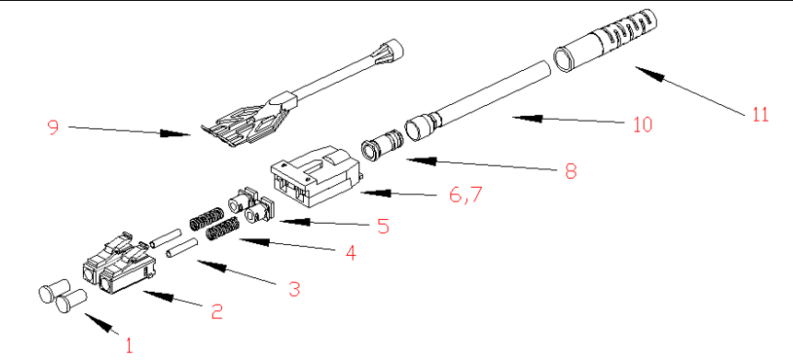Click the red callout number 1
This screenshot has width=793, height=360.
130,345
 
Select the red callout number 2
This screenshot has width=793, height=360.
216,311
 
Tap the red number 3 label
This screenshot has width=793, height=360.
294,289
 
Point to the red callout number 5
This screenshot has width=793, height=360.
383,226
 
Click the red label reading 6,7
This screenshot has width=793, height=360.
466,195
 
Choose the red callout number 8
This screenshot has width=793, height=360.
570,171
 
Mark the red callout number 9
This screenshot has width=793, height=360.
53,126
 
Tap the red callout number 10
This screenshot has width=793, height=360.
642,124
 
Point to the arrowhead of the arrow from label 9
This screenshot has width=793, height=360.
176,134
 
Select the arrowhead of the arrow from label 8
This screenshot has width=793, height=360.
421,161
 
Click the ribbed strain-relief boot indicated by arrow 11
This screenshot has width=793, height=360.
607,41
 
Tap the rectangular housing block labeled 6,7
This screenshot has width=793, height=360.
315,176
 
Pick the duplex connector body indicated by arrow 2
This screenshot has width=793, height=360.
119,263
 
